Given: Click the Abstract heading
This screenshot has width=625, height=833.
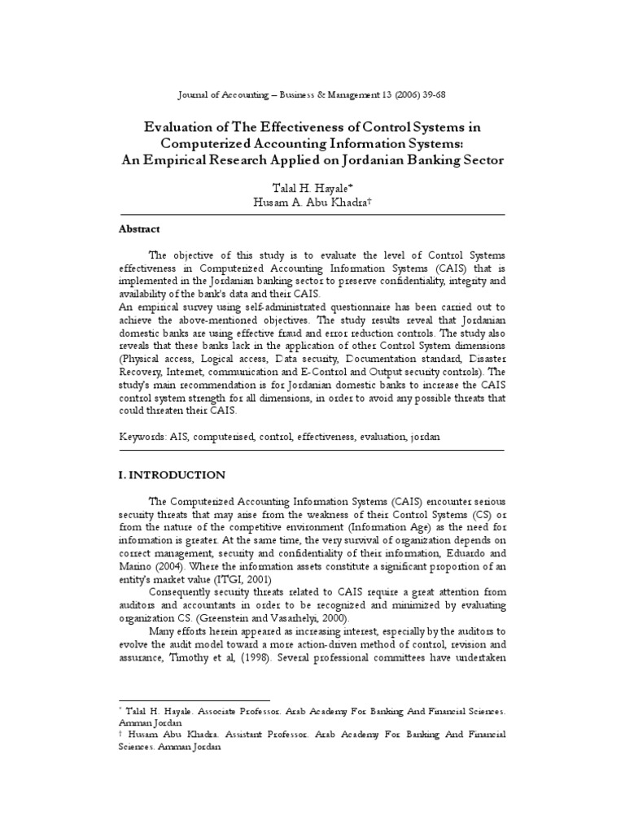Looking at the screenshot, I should pos(140,229).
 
